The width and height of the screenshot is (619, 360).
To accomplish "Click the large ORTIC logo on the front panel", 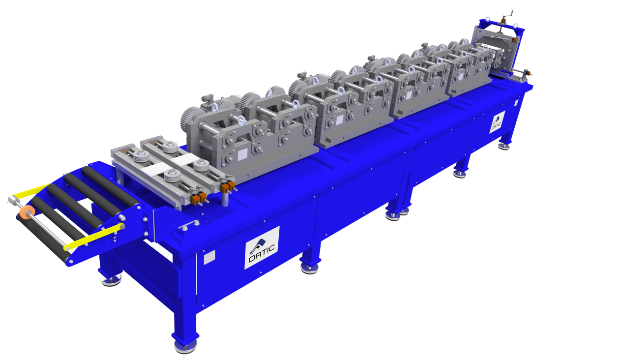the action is (262, 248).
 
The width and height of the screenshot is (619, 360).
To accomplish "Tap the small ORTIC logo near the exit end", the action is (497, 122).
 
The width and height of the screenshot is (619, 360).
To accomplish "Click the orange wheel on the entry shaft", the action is (26, 212).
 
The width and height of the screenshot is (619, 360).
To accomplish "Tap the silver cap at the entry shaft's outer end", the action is (11, 200).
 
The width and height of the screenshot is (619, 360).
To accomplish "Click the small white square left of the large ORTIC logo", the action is (209, 257).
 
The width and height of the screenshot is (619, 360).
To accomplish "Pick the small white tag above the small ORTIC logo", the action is (516, 103).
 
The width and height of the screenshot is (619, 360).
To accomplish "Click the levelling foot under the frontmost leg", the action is (185, 346).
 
